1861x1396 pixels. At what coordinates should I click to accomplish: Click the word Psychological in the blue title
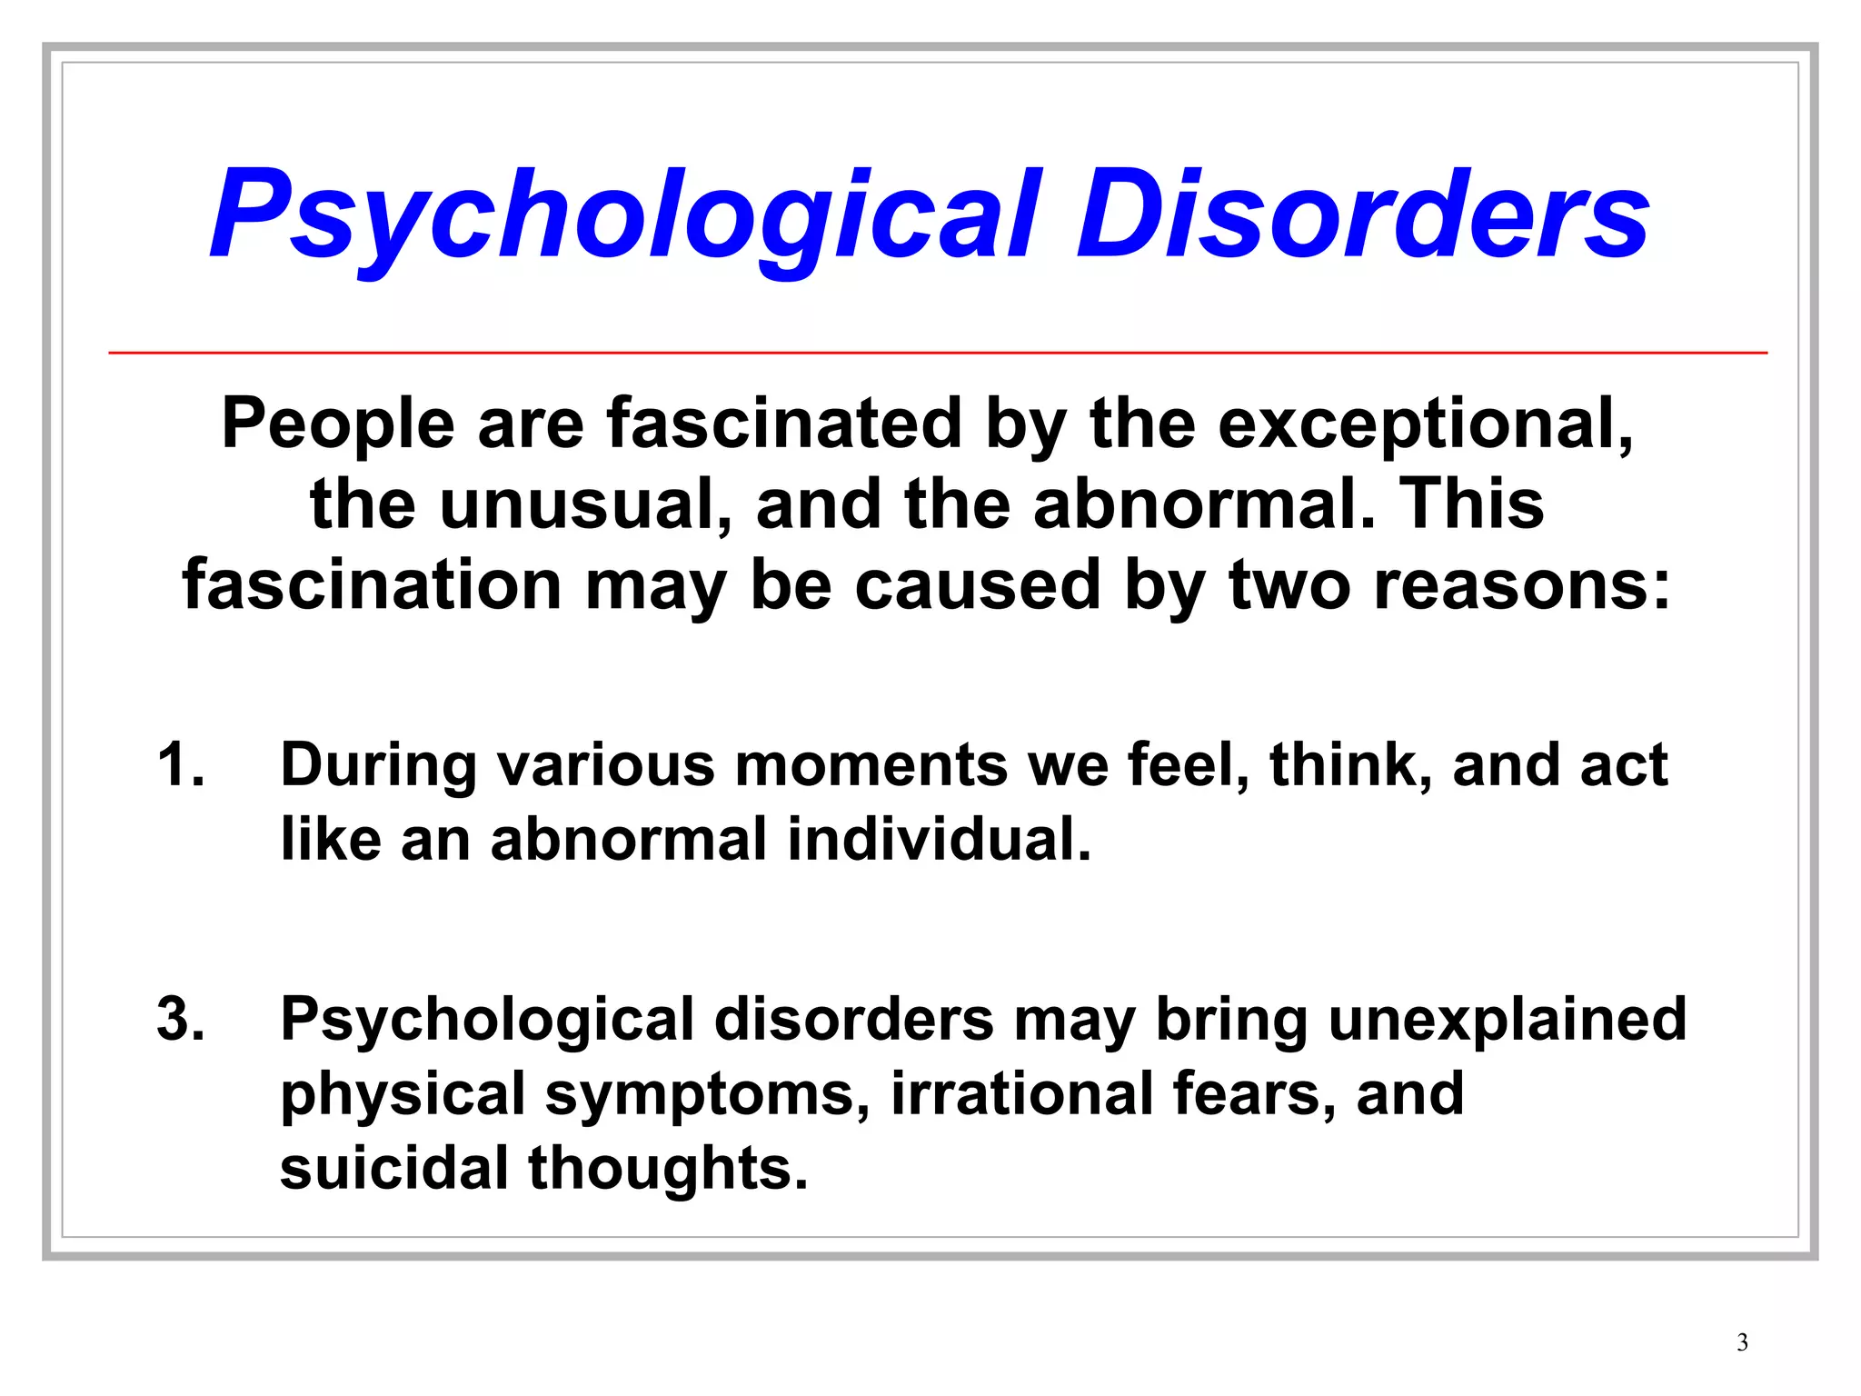coord(625,216)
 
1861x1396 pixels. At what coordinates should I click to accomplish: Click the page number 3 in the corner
coord(1742,1342)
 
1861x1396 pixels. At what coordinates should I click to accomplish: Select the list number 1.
coord(180,764)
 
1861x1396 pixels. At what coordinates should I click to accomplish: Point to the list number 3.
coord(180,1019)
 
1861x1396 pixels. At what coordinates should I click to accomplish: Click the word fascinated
coord(784,424)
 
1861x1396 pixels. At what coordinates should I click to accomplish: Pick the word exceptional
coord(1424,424)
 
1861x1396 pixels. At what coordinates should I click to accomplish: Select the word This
coord(1471,504)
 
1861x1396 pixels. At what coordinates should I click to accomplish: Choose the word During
coord(378,764)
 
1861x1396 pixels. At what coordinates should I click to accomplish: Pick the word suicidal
coord(393,1168)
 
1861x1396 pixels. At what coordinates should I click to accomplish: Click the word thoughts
coord(668,1168)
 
